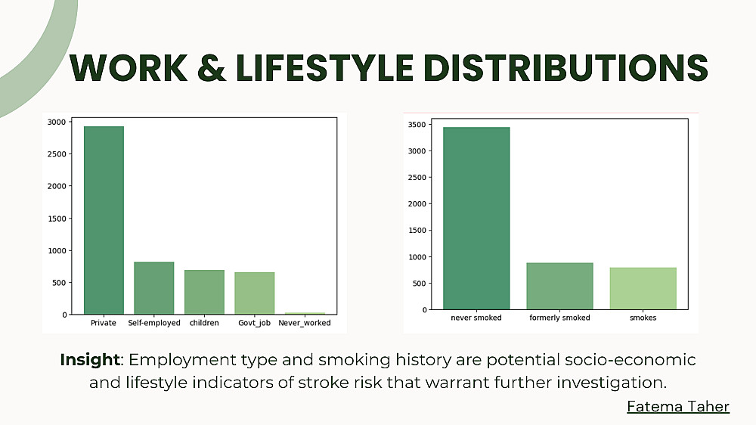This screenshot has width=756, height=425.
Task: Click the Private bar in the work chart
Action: click(104, 221)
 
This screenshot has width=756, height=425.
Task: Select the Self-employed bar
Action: click(153, 288)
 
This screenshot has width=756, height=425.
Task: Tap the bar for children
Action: click(204, 293)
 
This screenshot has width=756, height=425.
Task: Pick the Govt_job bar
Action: click(255, 293)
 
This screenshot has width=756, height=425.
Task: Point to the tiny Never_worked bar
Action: click(305, 314)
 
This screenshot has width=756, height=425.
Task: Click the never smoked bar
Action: click(476, 218)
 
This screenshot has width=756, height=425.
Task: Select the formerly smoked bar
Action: click(559, 286)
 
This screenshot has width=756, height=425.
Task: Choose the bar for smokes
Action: click(643, 288)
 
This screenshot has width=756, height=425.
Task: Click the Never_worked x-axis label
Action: click(305, 323)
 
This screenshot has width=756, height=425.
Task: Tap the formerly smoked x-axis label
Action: click(559, 318)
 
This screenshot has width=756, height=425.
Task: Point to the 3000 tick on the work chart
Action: click(57, 122)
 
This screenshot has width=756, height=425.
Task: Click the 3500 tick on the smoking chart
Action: click(417, 125)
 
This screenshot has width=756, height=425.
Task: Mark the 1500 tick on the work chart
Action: click(57, 219)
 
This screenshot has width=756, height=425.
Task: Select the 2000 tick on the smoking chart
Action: click(417, 204)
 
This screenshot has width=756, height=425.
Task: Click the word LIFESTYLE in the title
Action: click(324, 67)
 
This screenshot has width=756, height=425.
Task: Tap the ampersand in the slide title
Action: click(211, 67)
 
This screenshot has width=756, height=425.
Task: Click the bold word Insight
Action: click(90, 360)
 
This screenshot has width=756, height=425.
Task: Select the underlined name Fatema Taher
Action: click(678, 406)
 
